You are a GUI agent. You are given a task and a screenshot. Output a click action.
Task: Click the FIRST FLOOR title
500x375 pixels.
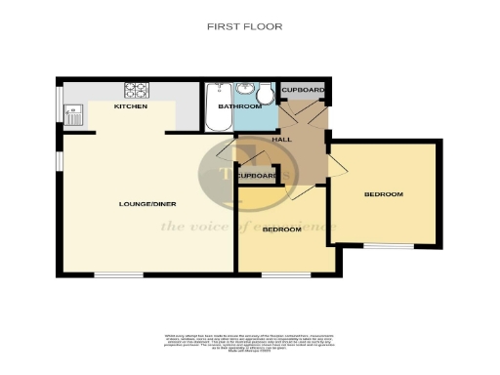(245, 26)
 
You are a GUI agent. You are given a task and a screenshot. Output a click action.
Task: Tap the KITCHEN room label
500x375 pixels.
(131, 106)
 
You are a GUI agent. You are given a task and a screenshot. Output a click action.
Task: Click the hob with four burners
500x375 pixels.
(136, 91)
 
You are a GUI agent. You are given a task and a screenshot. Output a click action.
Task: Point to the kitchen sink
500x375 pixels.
(74, 115)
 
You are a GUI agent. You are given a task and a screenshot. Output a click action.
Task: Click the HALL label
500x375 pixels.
(282, 140)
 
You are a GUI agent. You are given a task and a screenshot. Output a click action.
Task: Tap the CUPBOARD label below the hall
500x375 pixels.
(256, 176)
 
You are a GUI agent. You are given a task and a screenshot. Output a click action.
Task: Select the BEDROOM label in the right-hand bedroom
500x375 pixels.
(383, 194)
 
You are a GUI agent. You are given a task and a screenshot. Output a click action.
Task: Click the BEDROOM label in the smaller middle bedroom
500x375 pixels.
(282, 229)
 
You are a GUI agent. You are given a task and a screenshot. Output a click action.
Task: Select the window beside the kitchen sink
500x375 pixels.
(60, 105)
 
